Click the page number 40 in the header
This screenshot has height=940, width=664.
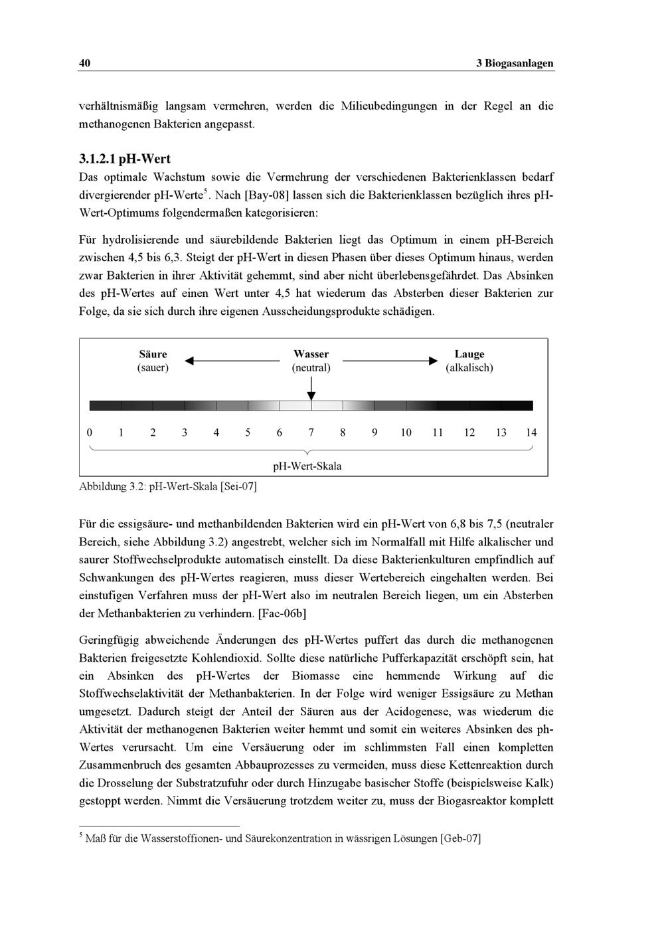pyautogui.click(x=84, y=63)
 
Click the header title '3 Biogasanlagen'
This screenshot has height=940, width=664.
pyautogui.click(x=515, y=63)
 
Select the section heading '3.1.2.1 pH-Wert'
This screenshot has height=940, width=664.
pyautogui.click(x=124, y=159)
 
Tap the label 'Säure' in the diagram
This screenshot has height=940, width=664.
pyautogui.click(x=153, y=354)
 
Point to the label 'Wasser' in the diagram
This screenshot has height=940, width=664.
pyautogui.click(x=311, y=354)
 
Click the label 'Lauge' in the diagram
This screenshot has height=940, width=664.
pyautogui.click(x=469, y=354)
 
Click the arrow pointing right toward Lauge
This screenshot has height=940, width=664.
pyautogui.click(x=390, y=361)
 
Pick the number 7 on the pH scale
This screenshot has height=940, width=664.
pyautogui.click(x=311, y=432)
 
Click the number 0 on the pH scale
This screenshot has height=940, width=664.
pyautogui.click(x=90, y=432)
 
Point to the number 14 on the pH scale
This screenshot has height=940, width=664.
pyautogui.click(x=531, y=432)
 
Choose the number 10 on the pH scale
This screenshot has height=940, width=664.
pyautogui.click(x=406, y=432)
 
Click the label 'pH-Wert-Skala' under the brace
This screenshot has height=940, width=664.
pyautogui.click(x=307, y=466)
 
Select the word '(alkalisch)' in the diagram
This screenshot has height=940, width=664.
pyautogui.click(x=469, y=367)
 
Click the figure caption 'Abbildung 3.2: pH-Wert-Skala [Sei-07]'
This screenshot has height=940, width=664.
pyautogui.click(x=167, y=486)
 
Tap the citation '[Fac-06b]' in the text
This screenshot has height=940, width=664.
pyautogui.click(x=282, y=613)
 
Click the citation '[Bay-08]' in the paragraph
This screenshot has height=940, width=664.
pyautogui.click(x=266, y=196)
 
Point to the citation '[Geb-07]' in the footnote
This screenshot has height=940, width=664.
pyautogui.click(x=460, y=838)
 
